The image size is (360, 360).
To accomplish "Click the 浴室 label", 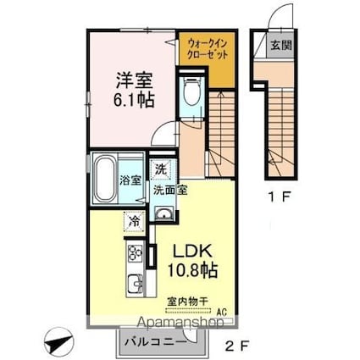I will [130, 180].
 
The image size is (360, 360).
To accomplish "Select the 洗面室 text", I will [170, 190].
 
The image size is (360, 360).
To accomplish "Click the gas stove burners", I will [136, 254].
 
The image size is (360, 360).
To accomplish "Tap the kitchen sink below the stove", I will [136, 282].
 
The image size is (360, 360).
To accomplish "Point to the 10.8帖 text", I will [193, 270].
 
